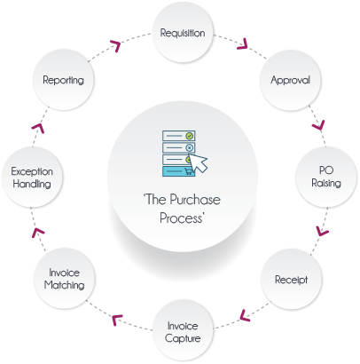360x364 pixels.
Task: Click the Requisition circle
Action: point(183,32)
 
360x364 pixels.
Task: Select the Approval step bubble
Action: point(290,80)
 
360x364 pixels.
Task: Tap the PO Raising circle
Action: point(326,177)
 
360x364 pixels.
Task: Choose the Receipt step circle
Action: point(292,279)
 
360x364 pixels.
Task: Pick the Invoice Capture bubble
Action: point(183,330)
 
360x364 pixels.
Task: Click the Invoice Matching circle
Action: point(64,279)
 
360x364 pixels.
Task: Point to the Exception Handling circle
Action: point(32,177)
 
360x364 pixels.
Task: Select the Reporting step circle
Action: point(63,80)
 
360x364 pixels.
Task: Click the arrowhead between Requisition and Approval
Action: point(243,44)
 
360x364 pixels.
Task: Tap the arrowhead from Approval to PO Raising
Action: point(319,125)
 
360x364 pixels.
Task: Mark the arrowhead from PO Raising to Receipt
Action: point(322,231)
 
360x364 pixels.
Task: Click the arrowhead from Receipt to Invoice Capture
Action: point(245,315)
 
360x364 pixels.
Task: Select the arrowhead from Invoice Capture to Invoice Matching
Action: point(117,320)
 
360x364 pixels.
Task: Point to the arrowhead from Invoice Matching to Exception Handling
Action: point(38,233)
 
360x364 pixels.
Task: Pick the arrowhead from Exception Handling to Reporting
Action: point(38,129)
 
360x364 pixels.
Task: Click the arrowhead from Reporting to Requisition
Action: point(115,46)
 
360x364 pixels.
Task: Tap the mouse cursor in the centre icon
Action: point(198,162)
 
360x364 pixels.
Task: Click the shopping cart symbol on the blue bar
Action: point(188,170)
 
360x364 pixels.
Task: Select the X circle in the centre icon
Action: point(190,147)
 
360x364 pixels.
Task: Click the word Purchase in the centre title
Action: point(195,200)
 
